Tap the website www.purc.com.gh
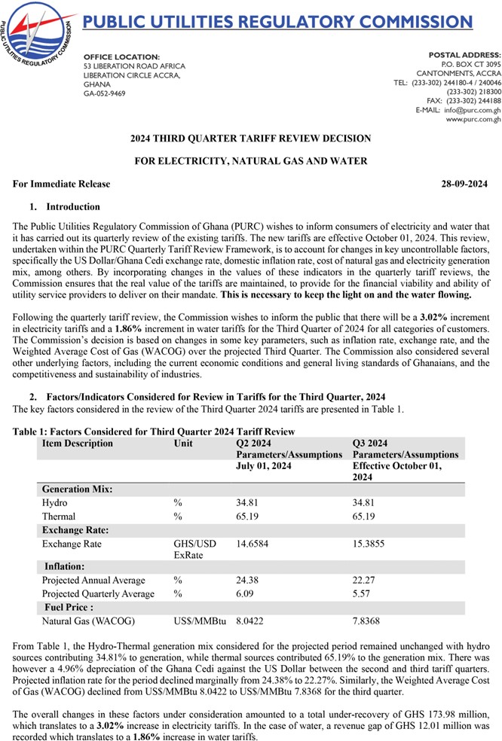tap(473, 120)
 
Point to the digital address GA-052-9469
tap(105, 94)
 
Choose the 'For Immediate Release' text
tap(62, 184)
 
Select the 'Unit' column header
tap(182, 444)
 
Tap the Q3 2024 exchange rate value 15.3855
tap(371, 543)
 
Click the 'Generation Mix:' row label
tap(78, 489)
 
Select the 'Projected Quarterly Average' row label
tap(98, 594)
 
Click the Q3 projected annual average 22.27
tap(365, 581)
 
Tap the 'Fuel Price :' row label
tap(69, 607)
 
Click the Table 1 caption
tap(154, 431)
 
